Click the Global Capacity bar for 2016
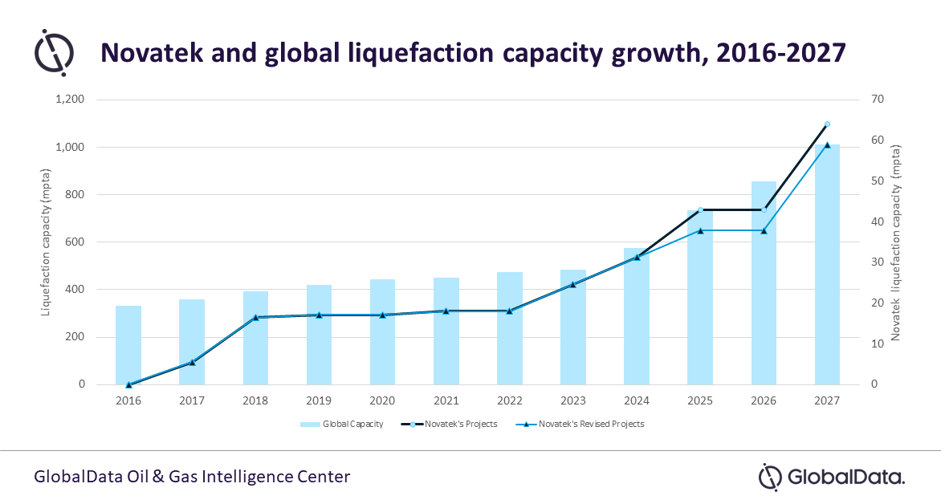tap(128, 345)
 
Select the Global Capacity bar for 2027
tap(827, 265)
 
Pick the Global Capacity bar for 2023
tap(572, 327)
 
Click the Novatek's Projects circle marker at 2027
tap(827, 124)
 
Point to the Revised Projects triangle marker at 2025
tap(700, 230)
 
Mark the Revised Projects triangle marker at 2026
tap(764, 230)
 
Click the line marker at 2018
tap(255, 318)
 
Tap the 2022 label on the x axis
tap(509, 399)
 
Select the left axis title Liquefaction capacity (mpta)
tap(47, 242)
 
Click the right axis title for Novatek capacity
tap(906, 242)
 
